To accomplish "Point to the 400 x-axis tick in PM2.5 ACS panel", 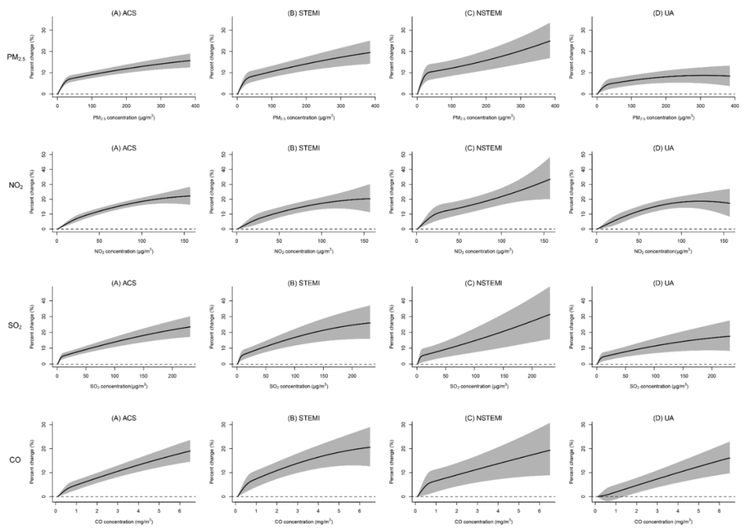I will pos(195,107).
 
